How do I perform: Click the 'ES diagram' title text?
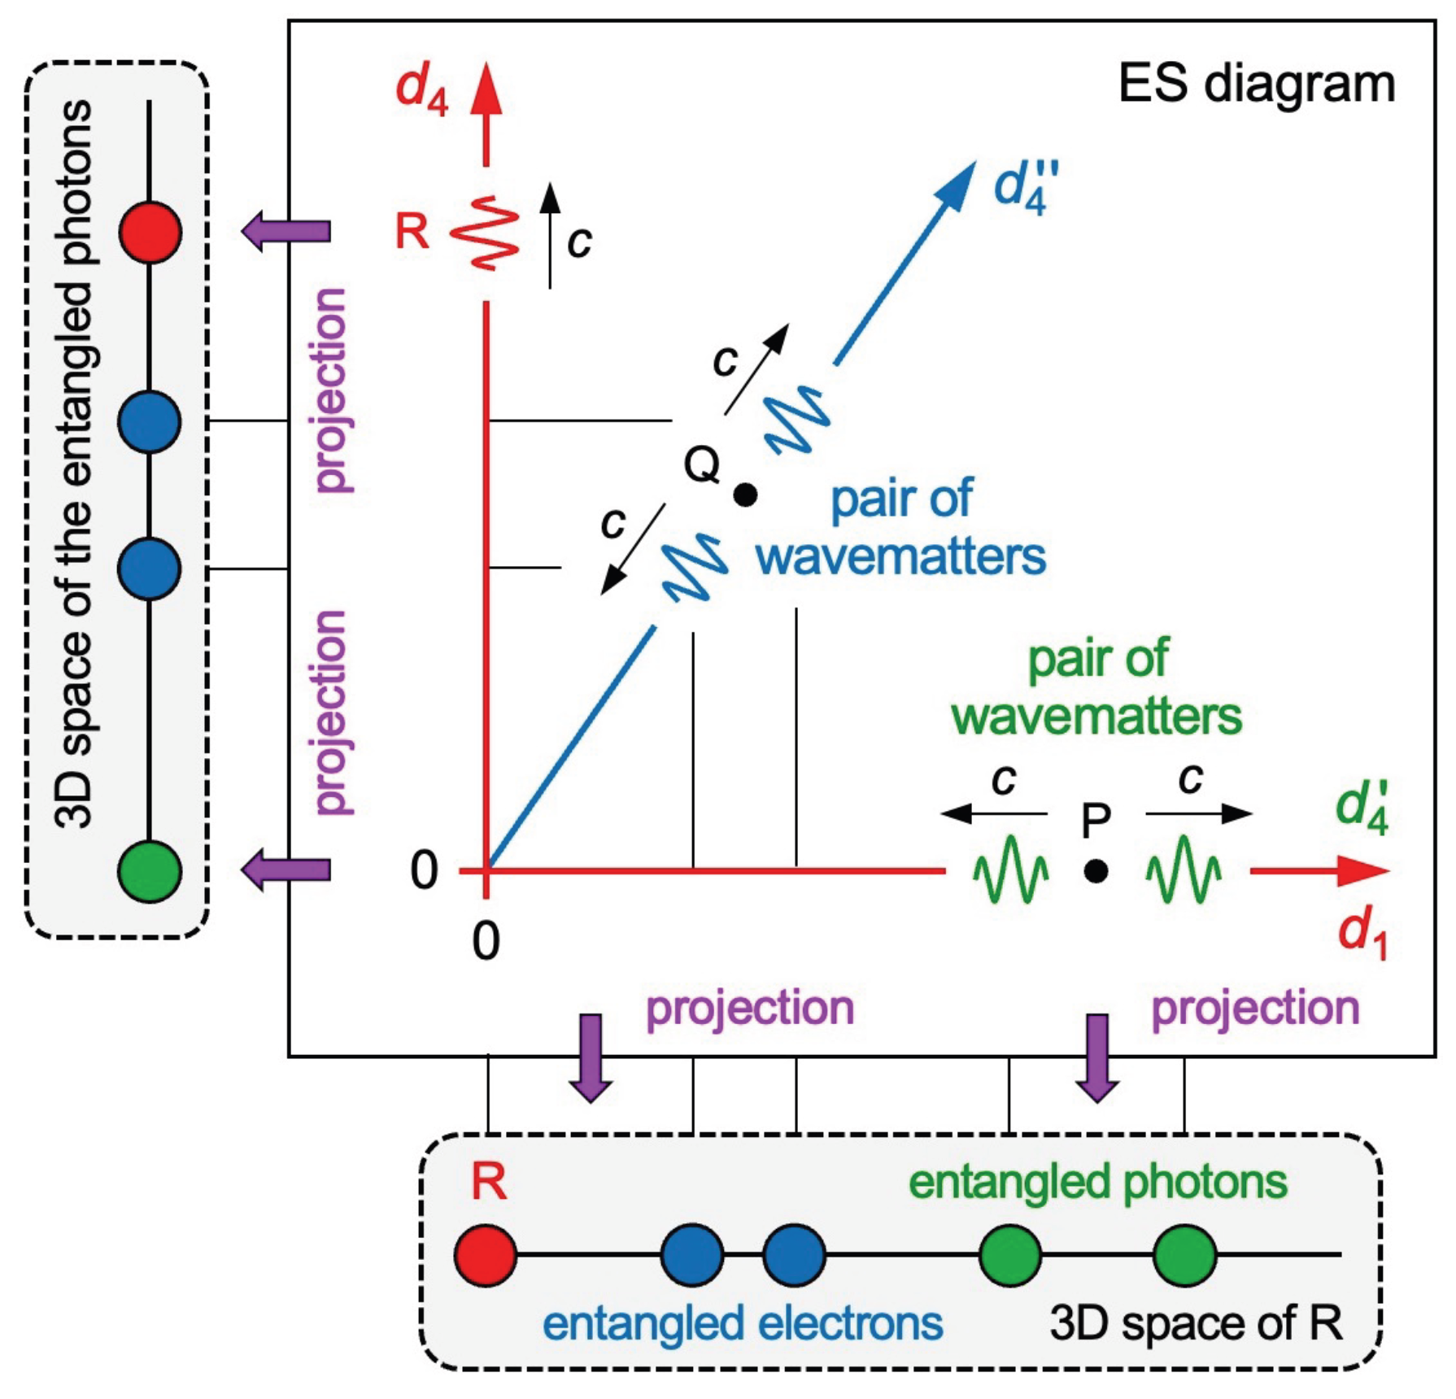[x=1256, y=83]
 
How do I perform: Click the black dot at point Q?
[x=745, y=494]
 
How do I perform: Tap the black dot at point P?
[x=1096, y=871]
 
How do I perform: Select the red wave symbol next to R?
[x=485, y=233]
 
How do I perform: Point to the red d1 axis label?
[x=1362, y=934]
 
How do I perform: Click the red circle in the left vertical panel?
[x=150, y=233]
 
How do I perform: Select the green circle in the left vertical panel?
[x=149, y=871]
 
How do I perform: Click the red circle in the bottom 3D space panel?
[x=486, y=1255]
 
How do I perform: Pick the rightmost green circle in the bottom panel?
[x=1184, y=1255]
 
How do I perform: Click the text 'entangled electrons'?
[x=742, y=1323]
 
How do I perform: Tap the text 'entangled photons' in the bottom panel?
[x=1097, y=1182]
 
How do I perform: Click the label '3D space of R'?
[x=1195, y=1323]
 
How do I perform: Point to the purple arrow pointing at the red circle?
[x=286, y=231]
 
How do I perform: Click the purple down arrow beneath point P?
[x=1097, y=1057]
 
